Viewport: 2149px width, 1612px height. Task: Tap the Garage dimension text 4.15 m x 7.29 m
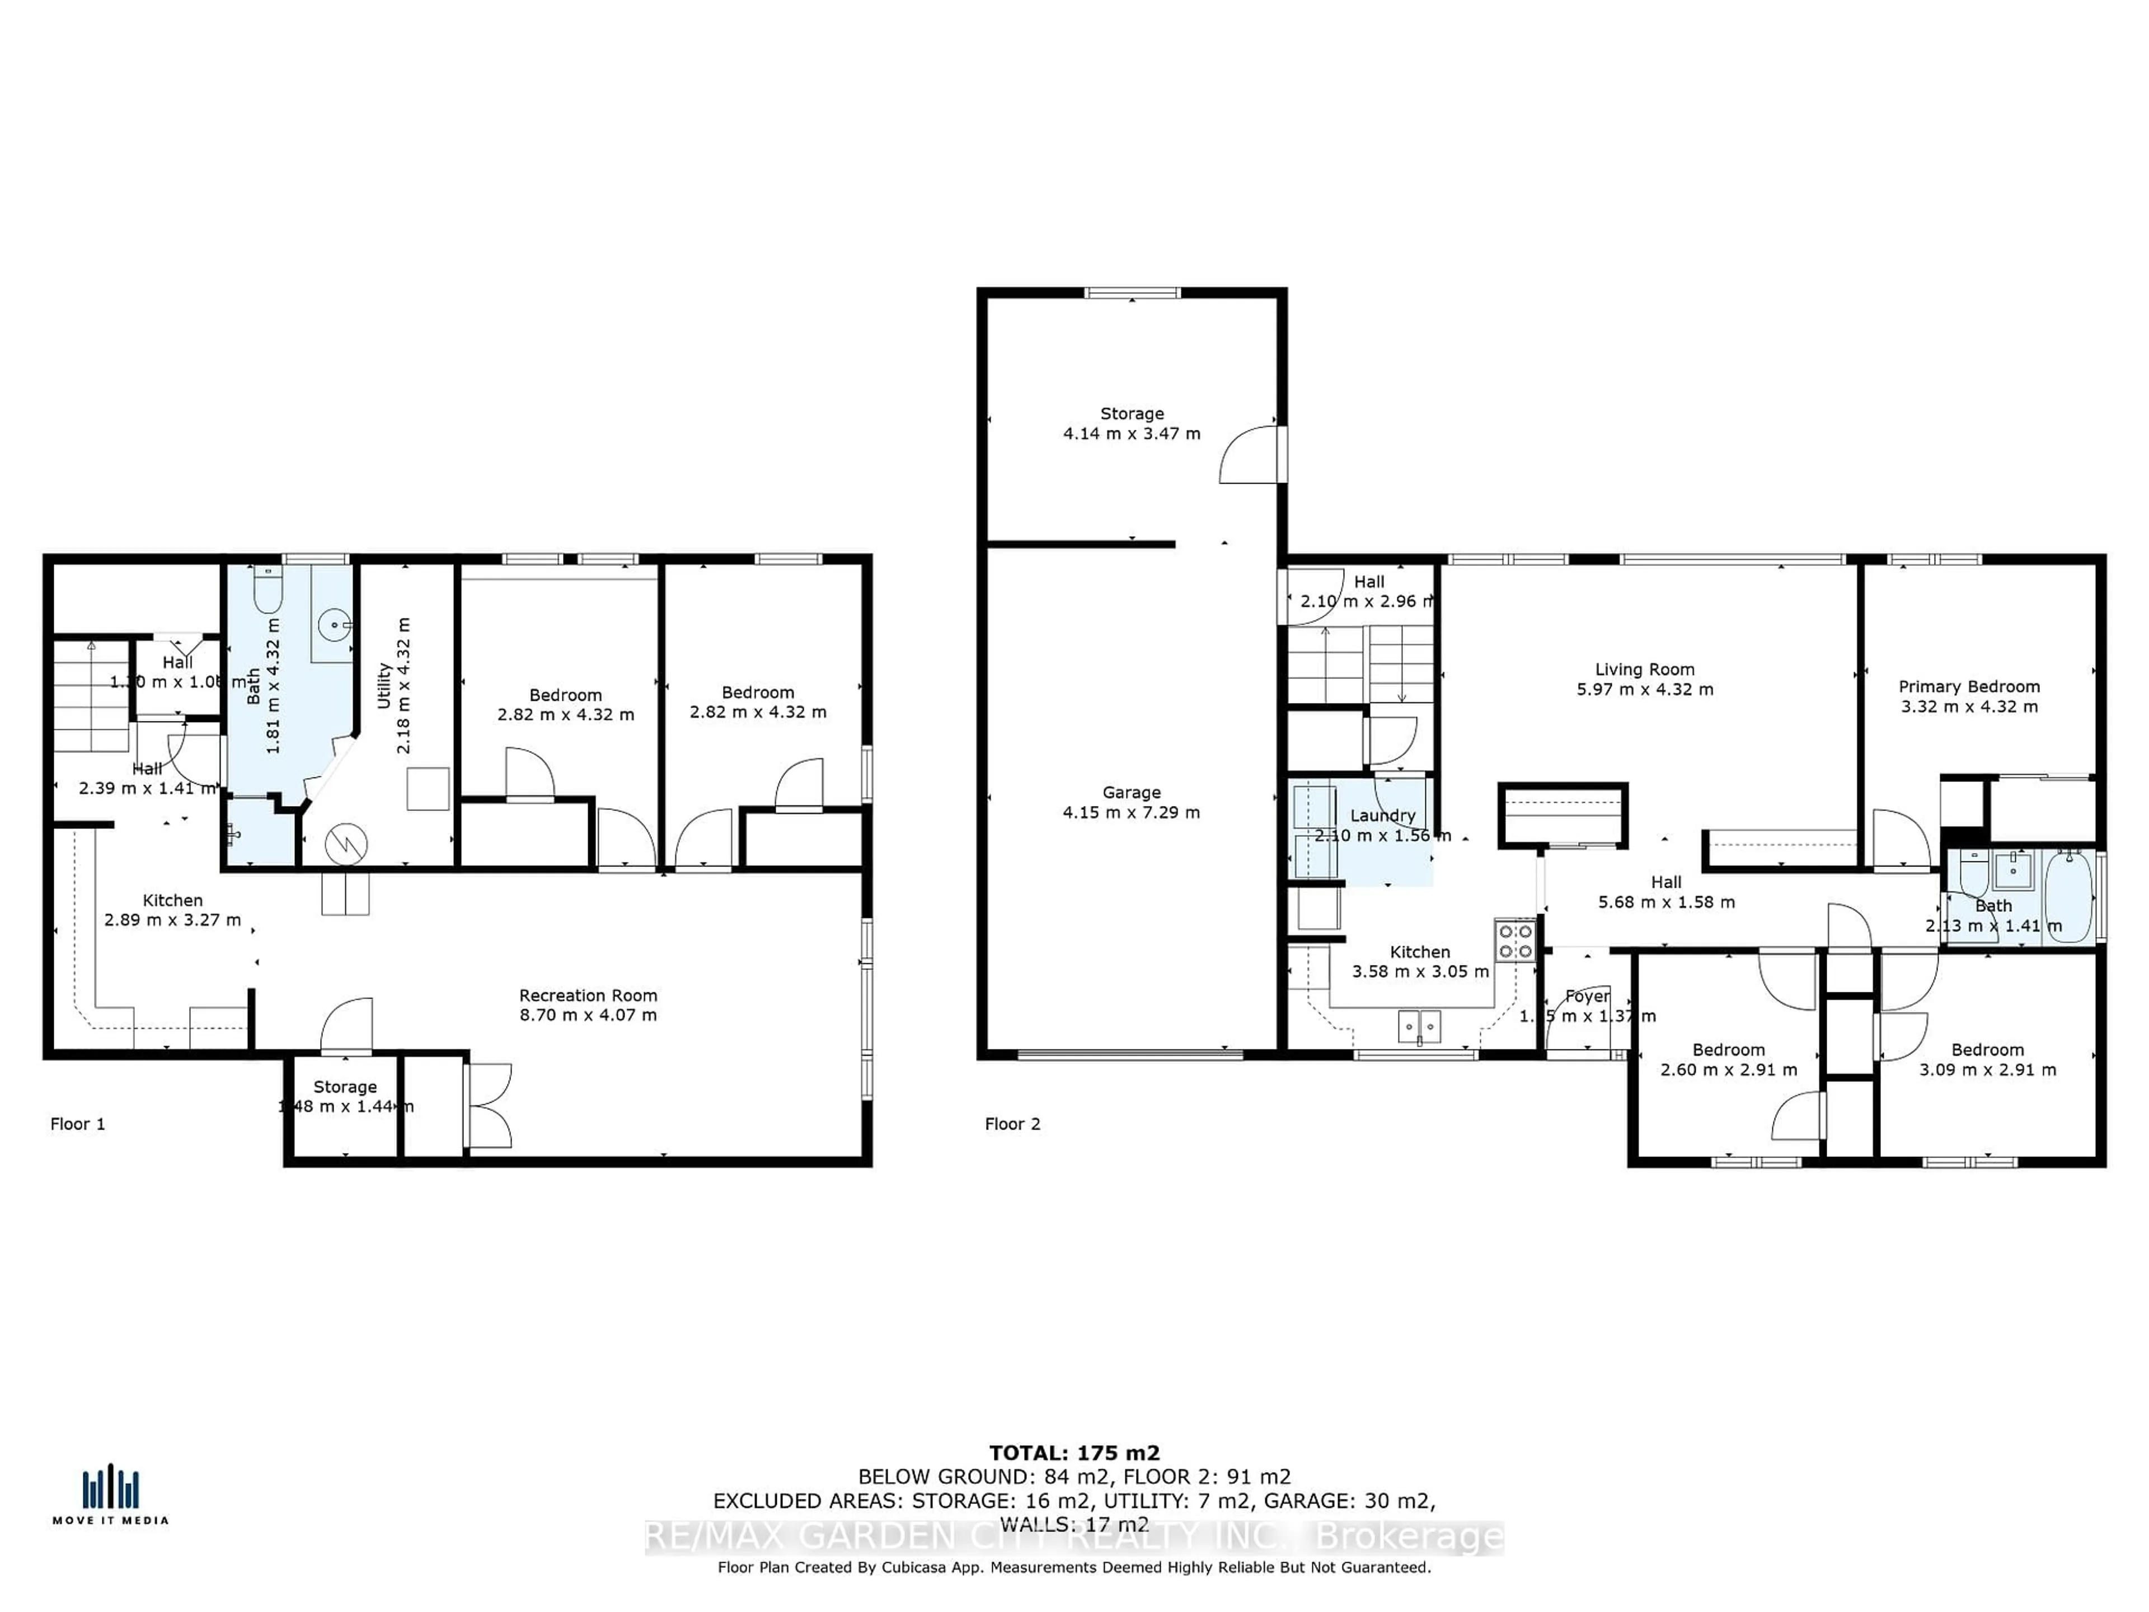click(x=1131, y=812)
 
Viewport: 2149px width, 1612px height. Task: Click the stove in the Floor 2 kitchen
click(x=1514, y=940)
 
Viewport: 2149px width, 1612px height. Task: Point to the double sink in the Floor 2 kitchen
click(x=1419, y=1025)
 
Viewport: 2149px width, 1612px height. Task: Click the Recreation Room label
click(x=588, y=995)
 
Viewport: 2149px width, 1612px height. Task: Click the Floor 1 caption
click(x=78, y=1124)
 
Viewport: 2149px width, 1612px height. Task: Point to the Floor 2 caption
click(x=1012, y=1124)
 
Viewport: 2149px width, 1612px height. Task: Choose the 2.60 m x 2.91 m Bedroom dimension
click(x=1728, y=1070)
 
